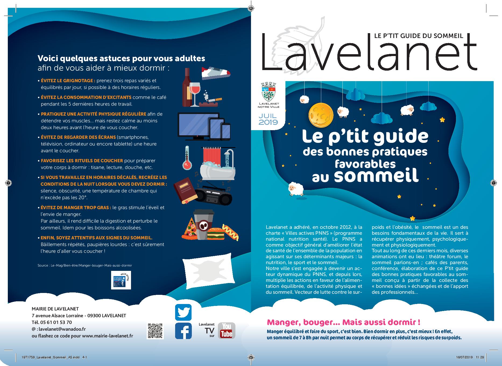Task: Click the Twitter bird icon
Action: pyautogui.click(x=183, y=312)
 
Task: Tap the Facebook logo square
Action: pyautogui.click(x=183, y=331)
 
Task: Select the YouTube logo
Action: pyautogui.click(x=226, y=330)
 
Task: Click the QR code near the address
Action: pyautogui.click(x=155, y=331)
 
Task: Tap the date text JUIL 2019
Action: pyautogui.click(x=268, y=119)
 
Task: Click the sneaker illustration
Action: pyautogui.click(x=216, y=72)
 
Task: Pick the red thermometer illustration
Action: pyautogui.click(x=187, y=158)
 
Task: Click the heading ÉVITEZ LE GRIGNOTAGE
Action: pyautogui.click(x=68, y=81)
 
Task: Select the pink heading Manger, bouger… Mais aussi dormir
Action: pyautogui.click(x=343, y=322)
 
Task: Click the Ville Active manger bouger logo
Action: pyautogui.click(x=121, y=280)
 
